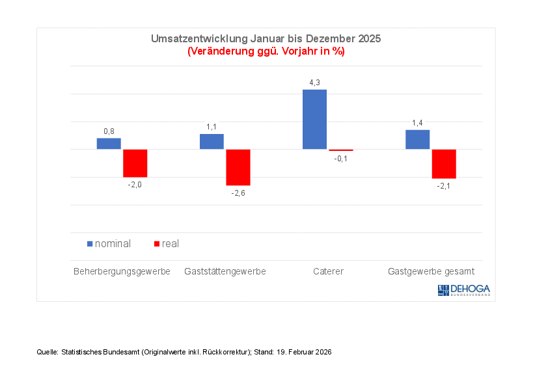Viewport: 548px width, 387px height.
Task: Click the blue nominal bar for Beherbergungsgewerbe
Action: click(109, 144)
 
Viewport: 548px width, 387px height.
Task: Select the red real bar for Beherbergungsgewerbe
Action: click(135, 163)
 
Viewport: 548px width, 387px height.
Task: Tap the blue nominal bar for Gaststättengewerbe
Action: click(212, 142)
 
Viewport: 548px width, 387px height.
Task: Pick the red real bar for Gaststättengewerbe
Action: click(238, 167)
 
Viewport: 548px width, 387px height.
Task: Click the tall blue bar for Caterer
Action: click(314, 120)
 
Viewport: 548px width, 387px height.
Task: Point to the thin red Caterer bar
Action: click(341, 150)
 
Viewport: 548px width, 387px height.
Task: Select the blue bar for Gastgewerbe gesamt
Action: click(417, 140)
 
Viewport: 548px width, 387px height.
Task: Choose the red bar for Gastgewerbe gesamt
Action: click(444, 164)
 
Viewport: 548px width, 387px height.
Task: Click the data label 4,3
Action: click(314, 83)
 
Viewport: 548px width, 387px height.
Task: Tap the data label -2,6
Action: click(238, 193)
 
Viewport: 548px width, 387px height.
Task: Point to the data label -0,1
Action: click(341, 159)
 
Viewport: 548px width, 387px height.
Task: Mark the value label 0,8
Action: click(109, 131)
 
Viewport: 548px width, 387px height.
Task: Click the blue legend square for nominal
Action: click(90, 244)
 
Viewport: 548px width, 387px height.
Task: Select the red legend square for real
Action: click(156, 244)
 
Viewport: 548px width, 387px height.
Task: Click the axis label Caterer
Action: click(327, 271)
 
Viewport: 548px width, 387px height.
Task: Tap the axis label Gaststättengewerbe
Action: click(225, 271)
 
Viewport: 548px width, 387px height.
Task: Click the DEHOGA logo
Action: click(464, 290)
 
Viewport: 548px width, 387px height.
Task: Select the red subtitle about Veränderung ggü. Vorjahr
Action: click(266, 51)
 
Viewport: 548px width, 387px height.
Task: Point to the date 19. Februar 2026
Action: click(305, 352)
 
